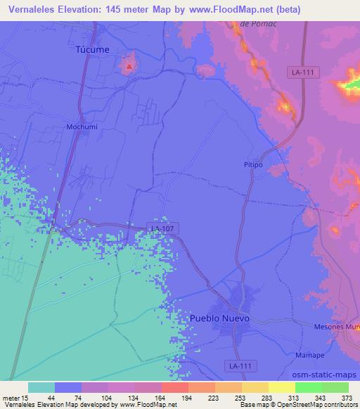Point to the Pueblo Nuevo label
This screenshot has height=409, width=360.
(x=220, y=318)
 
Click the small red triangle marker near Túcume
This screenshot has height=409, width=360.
(x=129, y=67)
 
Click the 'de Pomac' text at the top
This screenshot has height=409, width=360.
(x=255, y=24)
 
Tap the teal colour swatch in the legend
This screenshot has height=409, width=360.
(x=41, y=387)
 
